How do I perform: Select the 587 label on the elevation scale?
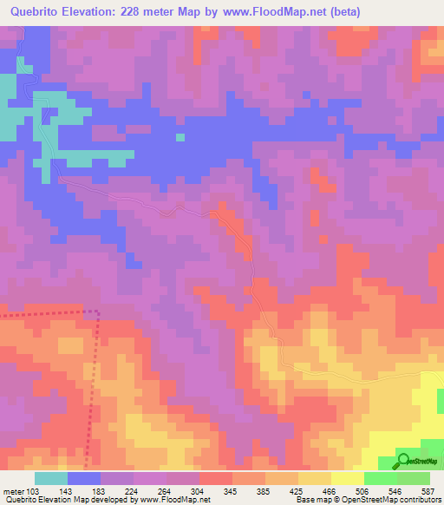[x=428, y=491]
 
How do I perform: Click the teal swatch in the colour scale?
[x=51, y=478]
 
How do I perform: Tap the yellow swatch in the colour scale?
[x=347, y=478]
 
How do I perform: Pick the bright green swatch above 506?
[x=380, y=478]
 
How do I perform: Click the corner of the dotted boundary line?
[x=96, y=312]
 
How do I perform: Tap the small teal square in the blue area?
[x=180, y=136]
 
